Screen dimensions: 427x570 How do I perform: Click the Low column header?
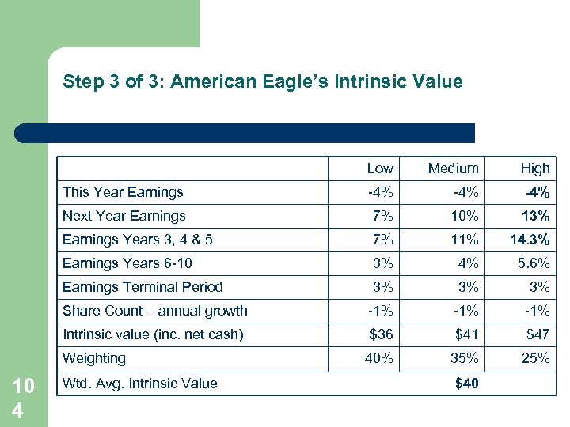pos(380,168)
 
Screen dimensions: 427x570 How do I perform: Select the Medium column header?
pos(453,168)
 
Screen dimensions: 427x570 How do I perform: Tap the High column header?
pos(534,168)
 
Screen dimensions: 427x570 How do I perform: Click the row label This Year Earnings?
pos(123,192)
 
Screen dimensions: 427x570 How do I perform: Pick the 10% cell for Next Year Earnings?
pos(465,216)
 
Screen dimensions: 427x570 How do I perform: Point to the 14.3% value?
pos(530,240)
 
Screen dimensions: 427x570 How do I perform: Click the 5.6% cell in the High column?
pos(533,263)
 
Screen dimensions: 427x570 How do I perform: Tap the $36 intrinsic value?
pos(381,334)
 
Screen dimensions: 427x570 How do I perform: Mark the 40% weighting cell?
pos(379,358)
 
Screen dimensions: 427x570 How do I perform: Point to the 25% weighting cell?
pos(535,358)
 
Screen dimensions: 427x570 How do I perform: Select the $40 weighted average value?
pos(467,384)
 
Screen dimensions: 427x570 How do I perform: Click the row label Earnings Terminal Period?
pos(142,287)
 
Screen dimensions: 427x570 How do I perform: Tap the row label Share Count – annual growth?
pos(155,311)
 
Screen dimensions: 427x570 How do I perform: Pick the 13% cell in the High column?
pos(536,216)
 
